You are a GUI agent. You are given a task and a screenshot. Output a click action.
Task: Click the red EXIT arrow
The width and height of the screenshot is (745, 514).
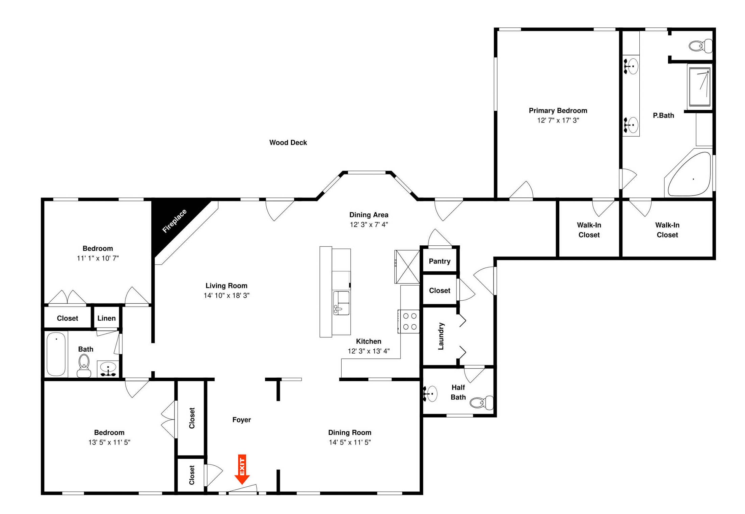click(242, 469)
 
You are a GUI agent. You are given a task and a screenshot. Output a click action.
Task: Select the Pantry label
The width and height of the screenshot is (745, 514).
click(439, 261)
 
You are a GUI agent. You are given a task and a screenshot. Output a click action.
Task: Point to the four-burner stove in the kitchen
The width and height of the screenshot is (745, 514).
click(409, 321)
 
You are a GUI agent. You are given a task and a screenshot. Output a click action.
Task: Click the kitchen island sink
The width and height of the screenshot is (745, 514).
click(341, 303)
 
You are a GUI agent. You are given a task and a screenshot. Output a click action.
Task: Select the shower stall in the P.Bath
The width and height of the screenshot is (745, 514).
click(699, 86)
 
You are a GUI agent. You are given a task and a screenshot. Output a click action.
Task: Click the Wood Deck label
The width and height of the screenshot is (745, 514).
click(288, 142)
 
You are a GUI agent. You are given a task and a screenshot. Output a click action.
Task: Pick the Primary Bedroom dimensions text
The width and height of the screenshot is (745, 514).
click(558, 120)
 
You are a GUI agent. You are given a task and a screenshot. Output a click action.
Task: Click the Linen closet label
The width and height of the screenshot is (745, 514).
click(106, 318)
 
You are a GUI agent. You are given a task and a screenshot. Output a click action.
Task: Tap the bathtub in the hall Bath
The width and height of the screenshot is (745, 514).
click(56, 354)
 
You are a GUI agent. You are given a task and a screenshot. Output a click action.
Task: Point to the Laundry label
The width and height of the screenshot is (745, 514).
click(441, 336)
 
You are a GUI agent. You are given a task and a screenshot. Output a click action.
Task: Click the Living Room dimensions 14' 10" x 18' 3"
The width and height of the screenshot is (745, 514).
click(226, 296)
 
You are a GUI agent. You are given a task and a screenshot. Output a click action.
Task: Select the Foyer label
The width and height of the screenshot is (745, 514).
click(241, 420)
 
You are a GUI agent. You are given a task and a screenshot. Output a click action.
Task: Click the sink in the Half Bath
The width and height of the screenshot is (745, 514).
click(431, 394)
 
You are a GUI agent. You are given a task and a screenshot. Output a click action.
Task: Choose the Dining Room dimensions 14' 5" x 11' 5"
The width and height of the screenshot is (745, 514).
click(349, 442)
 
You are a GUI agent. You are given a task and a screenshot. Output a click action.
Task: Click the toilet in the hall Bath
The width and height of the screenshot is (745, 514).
click(84, 366)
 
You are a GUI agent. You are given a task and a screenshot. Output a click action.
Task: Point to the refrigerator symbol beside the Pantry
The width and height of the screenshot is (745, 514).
click(407, 267)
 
